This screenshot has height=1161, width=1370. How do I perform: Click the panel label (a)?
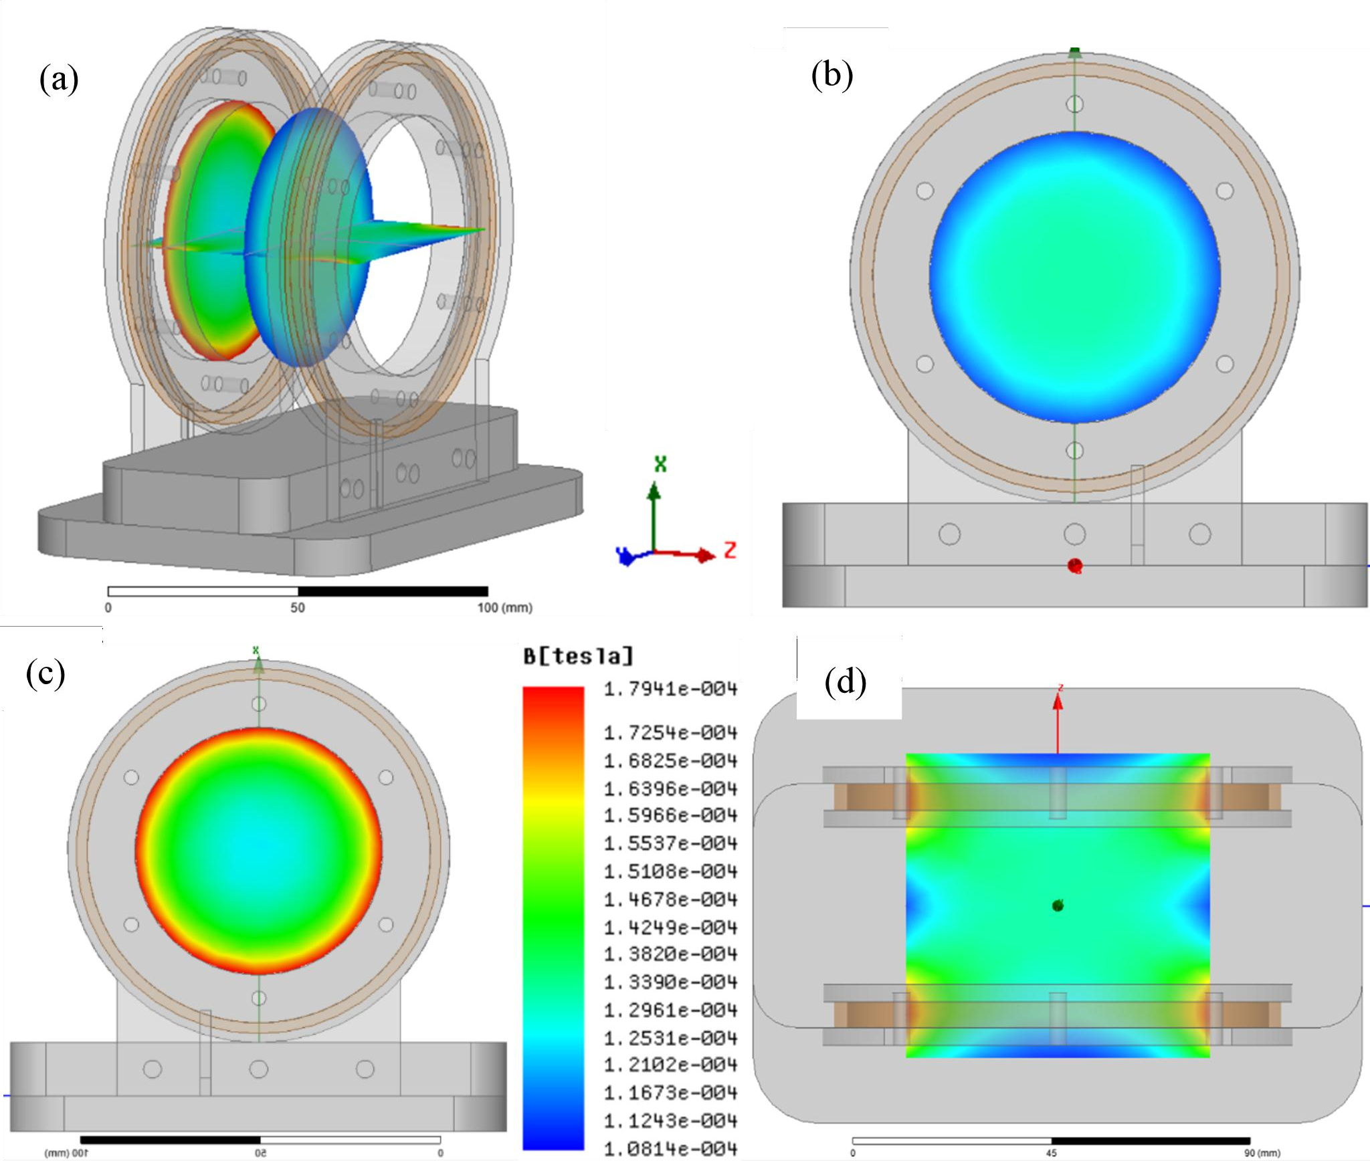tap(59, 80)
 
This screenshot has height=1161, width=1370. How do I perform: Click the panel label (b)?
tap(831, 75)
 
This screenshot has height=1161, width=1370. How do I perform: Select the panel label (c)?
tap(45, 673)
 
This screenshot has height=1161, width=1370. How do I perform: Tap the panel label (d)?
tap(846, 682)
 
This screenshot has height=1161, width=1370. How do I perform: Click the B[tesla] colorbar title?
tap(578, 656)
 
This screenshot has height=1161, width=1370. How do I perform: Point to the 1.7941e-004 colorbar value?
tap(670, 689)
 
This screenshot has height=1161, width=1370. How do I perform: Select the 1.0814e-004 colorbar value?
tap(670, 1149)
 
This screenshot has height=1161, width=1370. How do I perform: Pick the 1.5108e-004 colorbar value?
tap(670, 871)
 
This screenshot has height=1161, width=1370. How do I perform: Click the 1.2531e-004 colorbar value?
tap(670, 1038)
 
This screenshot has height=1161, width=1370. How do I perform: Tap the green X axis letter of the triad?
tap(660, 464)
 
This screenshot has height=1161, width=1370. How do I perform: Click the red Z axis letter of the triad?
tap(730, 550)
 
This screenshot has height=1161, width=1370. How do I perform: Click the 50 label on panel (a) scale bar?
tap(298, 608)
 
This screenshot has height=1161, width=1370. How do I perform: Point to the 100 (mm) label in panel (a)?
tap(504, 608)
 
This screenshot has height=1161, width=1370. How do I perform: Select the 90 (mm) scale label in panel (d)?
tap(1262, 1153)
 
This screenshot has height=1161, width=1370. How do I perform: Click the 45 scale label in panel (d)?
tap(1052, 1153)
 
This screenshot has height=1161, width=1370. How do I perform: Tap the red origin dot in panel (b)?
tap(1075, 566)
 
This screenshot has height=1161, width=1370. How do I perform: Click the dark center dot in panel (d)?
tap(1058, 906)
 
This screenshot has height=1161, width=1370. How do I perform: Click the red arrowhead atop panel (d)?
tap(1058, 702)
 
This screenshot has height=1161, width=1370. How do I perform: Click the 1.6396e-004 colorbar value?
tap(670, 789)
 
